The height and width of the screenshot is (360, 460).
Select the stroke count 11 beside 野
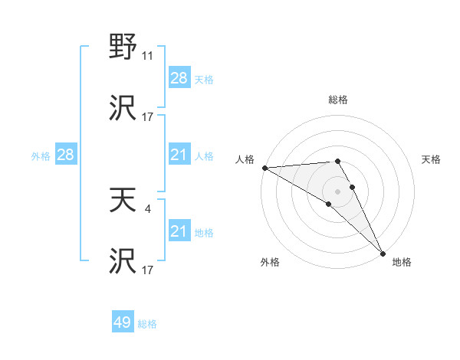pos(148,56)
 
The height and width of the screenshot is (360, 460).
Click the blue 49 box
pos(123,322)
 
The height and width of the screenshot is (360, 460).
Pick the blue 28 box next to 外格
pos(66,155)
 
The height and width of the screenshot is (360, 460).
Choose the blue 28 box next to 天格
pos(179,78)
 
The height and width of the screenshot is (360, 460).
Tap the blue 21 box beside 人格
pos(179,155)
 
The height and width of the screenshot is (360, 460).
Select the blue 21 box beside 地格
pos(179,231)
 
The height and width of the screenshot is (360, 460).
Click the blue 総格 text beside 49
pos(147,324)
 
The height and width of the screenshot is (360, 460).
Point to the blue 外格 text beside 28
pos(41,155)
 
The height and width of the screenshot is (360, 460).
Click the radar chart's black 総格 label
pos(338,100)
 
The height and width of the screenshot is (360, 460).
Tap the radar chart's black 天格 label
pos(431,159)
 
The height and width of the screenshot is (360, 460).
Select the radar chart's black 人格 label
pos(245,159)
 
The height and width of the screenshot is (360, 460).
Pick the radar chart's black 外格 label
pos(269,262)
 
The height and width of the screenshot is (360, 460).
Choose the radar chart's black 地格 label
pos(402,262)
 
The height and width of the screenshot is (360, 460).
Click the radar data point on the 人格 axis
pos(264,168)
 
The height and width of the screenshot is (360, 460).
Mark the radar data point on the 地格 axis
pos(383,254)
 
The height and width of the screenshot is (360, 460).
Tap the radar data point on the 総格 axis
pos(338,161)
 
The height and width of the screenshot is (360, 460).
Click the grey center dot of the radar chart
pos(338,191)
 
